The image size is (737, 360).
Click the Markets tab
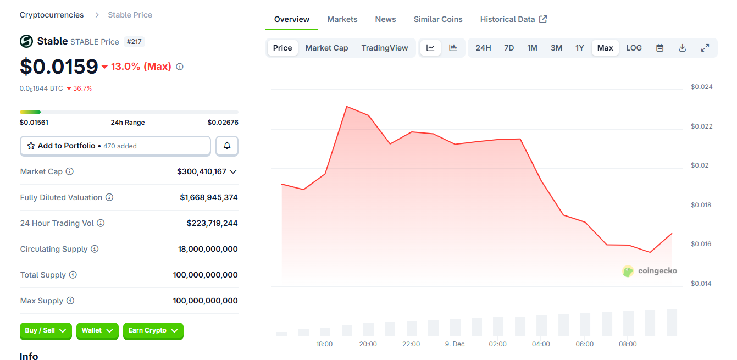coord(342,19)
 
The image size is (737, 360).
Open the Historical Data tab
coord(513,19)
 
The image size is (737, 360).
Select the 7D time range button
coord(509,48)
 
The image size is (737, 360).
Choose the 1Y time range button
coord(579,48)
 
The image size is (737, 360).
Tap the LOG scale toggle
coord(634,48)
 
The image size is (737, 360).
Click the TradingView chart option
coord(384,48)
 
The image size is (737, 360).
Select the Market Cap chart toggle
coord(326,48)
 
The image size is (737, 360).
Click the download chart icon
coord(682,48)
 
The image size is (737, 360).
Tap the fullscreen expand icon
coord(705,48)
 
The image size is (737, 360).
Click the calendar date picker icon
coord(660,48)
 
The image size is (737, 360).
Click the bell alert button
coord(227,146)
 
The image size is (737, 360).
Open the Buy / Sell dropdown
coord(46,330)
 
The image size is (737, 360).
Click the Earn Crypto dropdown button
coord(153,330)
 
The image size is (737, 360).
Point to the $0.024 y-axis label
coord(701,87)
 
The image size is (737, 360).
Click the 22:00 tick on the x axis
coord(411,344)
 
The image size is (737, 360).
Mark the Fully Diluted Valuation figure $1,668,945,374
coord(208,197)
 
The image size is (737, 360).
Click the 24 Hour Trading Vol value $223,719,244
coord(212,223)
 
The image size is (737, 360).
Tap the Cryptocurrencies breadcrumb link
coord(52,15)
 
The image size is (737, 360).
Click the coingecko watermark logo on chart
coord(650,271)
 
